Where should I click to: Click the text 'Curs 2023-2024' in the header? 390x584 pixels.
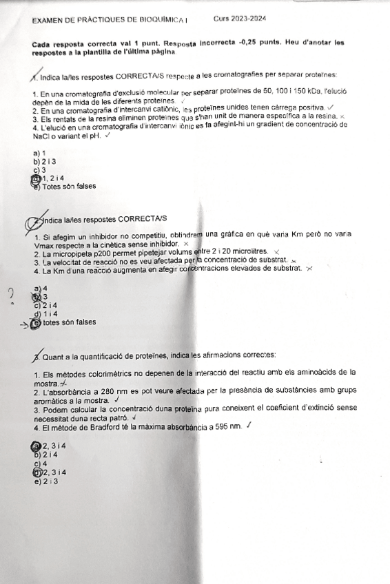pyautogui.click(x=240, y=19)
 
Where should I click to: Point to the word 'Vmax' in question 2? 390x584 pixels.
pyautogui.click(x=43, y=244)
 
